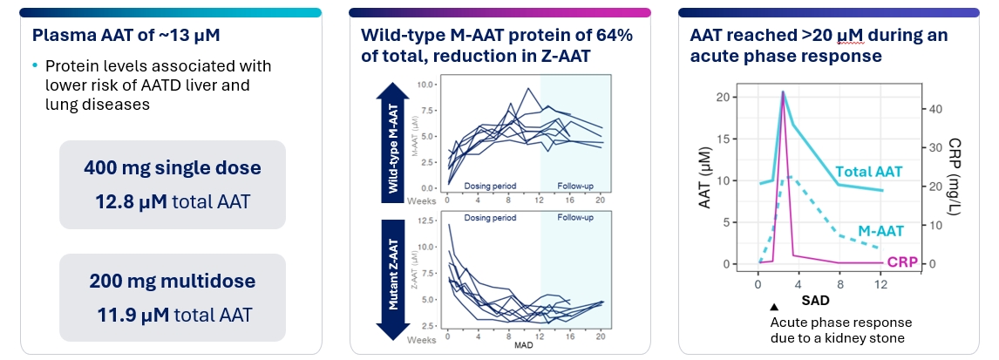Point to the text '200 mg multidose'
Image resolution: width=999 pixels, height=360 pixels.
click(171, 282)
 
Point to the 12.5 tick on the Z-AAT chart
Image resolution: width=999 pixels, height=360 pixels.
click(427, 221)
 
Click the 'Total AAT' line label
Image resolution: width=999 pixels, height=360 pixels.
click(868, 172)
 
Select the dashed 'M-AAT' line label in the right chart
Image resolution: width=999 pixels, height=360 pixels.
click(880, 231)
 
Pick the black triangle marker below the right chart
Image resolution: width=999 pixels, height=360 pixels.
click(774, 307)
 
